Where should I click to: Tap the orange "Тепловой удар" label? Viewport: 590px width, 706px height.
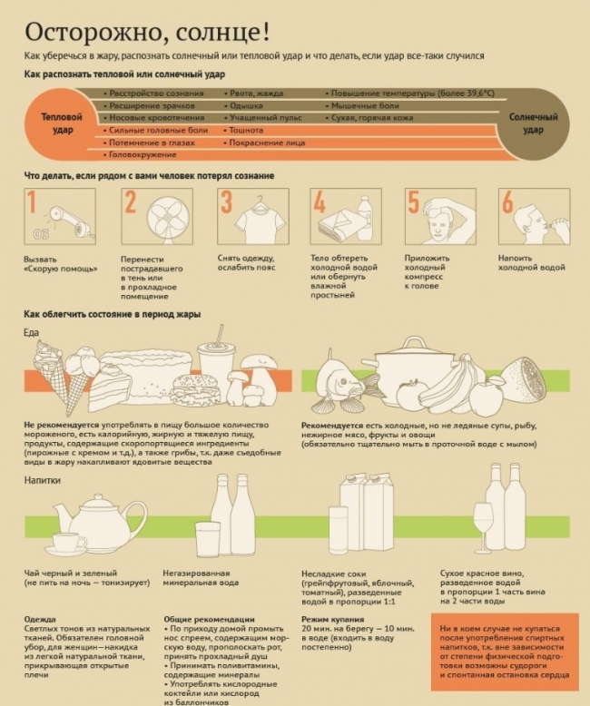(x=62, y=123)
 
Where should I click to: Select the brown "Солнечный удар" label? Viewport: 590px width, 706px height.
(x=533, y=123)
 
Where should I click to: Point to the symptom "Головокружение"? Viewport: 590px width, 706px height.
(x=143, y=154)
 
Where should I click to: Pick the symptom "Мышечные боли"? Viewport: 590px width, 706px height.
(x=365, y=106)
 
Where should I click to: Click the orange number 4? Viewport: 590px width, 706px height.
(x=320, y=202)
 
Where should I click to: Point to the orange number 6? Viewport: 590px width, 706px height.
(x=507, y=201)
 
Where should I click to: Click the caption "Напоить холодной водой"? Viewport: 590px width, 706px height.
(x=531, y=263)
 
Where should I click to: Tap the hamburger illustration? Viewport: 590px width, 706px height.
(x=197, y=389)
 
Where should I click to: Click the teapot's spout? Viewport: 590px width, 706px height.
(x=62, y=515)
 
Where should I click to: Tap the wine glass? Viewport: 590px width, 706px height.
(x=484, y=528)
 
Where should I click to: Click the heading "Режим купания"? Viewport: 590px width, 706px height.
(x=333, y=619)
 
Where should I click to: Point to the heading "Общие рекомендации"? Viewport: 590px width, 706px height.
(x=209, y=619)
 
